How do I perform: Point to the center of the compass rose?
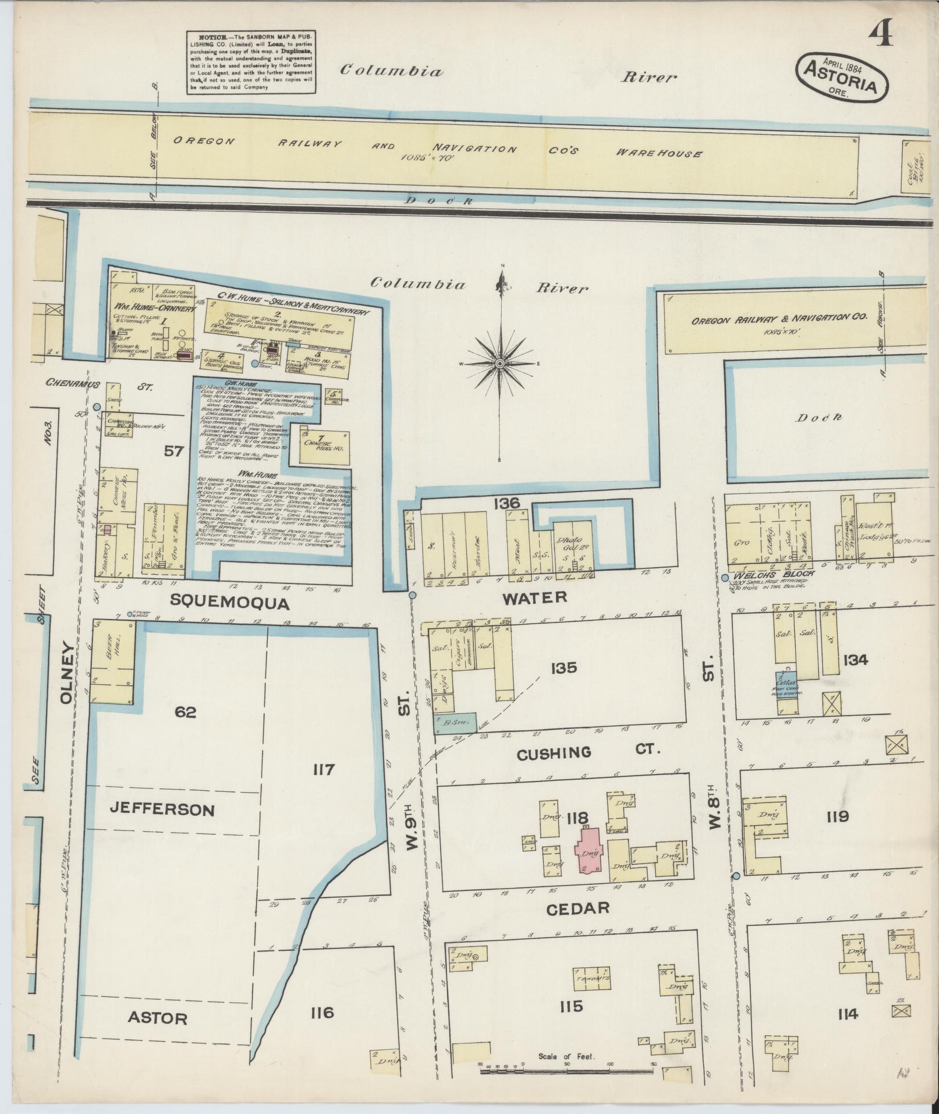pyautogui.click(x=499, y=363)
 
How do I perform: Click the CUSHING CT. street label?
pyautogui.click(x=588, y=752)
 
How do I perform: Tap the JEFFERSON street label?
pyautogui.click(x=162, y=810)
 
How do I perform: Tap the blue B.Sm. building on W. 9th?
pyautogui.click(x=456, y=723)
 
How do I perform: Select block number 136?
pyautogui.click(x=505, y=503)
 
